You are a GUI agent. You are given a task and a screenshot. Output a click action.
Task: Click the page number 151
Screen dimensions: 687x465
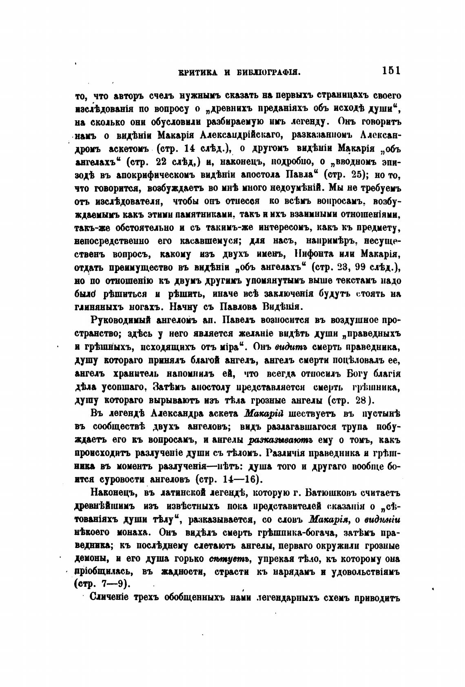391,70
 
